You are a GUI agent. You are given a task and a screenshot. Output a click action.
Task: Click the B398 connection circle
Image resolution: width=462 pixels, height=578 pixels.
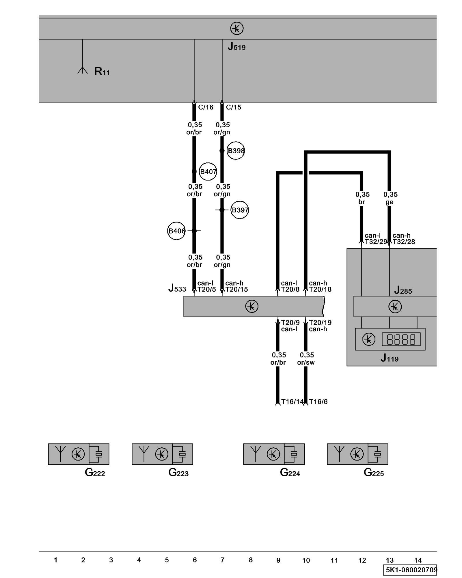coord(236,151)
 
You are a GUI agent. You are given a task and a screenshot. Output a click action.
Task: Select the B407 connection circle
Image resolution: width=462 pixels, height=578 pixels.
coord(208,172)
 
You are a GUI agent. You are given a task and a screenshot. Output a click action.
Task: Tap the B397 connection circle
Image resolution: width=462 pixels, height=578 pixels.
coord(240,210)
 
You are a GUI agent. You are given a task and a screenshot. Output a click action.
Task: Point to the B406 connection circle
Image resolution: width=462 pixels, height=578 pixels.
coord(176,231)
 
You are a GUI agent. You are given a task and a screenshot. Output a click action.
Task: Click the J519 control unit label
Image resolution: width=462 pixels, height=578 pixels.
coord(236,47)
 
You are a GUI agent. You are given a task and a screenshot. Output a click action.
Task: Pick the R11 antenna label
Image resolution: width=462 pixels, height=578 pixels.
coord(102,71)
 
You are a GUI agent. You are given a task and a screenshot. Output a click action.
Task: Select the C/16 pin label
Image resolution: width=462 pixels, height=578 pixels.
coord(206,107)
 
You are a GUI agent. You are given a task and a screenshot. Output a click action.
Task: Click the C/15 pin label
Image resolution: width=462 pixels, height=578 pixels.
coord(233,107)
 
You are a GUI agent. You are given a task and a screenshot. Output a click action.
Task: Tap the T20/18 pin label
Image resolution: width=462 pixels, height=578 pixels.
coord(320,289)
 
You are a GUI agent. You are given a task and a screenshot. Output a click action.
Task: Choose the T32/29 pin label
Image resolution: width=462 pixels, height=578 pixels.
coord(375,242)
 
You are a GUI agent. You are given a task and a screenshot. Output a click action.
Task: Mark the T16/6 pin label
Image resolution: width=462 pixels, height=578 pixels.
coord(318,402)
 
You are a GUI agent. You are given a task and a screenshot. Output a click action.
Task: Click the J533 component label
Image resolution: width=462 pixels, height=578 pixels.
coord(177,288)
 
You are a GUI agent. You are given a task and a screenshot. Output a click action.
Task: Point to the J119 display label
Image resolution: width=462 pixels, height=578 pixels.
coord(390,358)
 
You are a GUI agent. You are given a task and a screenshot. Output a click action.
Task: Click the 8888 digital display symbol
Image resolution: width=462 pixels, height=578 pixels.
coord(401,339)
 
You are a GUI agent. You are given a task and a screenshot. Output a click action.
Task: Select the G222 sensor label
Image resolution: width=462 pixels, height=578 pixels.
coord(95,473)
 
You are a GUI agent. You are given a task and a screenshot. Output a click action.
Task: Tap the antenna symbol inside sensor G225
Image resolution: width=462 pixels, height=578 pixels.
coord(339,454)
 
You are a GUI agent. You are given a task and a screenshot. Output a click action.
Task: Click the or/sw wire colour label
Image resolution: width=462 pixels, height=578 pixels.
coord(306,362)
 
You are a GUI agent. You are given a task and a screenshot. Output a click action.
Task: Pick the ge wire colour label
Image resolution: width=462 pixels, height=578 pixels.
coord(389,202)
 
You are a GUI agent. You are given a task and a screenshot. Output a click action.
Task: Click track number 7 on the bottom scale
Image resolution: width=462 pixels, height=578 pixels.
coord(222,560)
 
